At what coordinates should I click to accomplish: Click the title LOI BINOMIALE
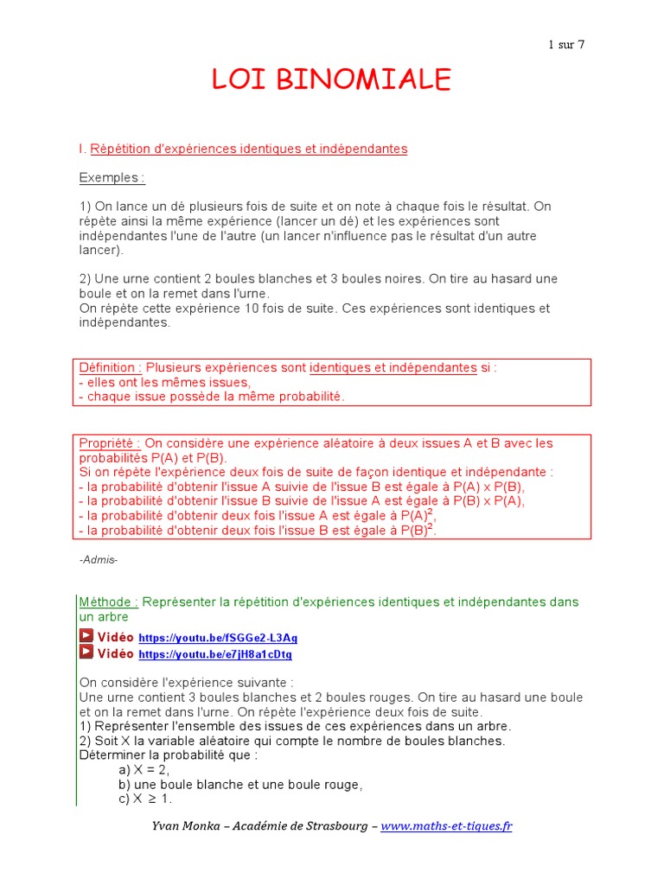click(x=332, y=80)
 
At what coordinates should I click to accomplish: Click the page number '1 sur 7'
click(x=566, y=45)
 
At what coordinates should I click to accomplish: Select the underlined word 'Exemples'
click(x=112, y=178)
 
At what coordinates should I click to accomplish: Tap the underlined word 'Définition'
click(x=111, y=368)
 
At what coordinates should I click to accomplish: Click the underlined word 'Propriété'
click(x=110, y=443)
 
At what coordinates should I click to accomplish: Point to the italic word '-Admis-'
click(x=99, y=560)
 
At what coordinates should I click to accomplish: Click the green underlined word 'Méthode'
click(x=108, y=602)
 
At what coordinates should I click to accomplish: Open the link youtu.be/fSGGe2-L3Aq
click(x=218, y=638)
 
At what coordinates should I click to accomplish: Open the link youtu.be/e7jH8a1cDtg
click(x=215, y=654)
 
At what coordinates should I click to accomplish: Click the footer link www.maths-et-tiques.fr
click(x=446, y=826)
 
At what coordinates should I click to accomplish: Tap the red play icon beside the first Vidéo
click(x=86, y=637)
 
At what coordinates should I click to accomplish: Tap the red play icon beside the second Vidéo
click(x=86, y=653)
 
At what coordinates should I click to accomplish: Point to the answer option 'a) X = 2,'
click(x=144, y=770)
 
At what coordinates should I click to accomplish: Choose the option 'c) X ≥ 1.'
click(x=145, y=799)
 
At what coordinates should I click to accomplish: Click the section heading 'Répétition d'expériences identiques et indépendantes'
click(x=248, y=150)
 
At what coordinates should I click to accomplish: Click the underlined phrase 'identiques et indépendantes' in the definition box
click(x=393, y=368)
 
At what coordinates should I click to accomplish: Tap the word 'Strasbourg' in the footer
click(x=333, y=826)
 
